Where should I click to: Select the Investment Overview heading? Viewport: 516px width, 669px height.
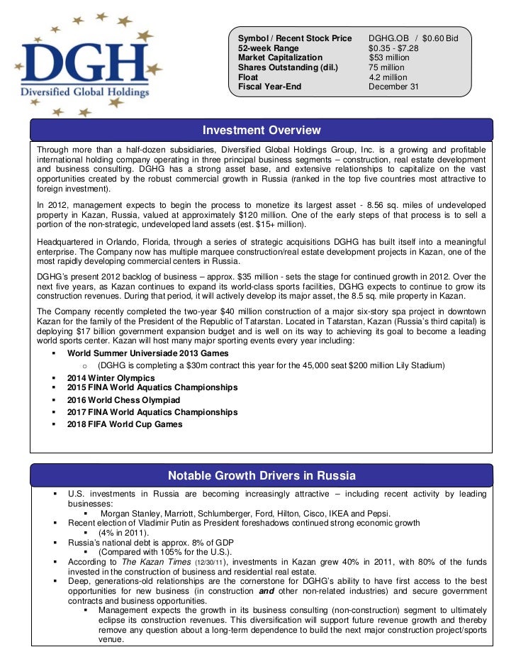click(x=262, y=131)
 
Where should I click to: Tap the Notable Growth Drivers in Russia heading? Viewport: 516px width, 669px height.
click(x=262, y=475)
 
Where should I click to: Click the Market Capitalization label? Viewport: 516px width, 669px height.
click(x=280, y=57)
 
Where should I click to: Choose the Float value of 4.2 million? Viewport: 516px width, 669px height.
click(x=388, y=77)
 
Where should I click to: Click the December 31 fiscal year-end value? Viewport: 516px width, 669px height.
click(x=393, y=87)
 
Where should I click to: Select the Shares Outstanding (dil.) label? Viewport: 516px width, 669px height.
click(x=288, y=67)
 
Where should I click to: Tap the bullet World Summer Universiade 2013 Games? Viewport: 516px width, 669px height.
click(x=148, y=353)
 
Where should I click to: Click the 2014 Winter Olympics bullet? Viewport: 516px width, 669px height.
click(x=111, y=378)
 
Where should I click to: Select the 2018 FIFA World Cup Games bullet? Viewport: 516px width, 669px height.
click(x=125, y=424)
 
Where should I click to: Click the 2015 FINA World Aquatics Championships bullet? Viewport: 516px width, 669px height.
click(x=152, y=388)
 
